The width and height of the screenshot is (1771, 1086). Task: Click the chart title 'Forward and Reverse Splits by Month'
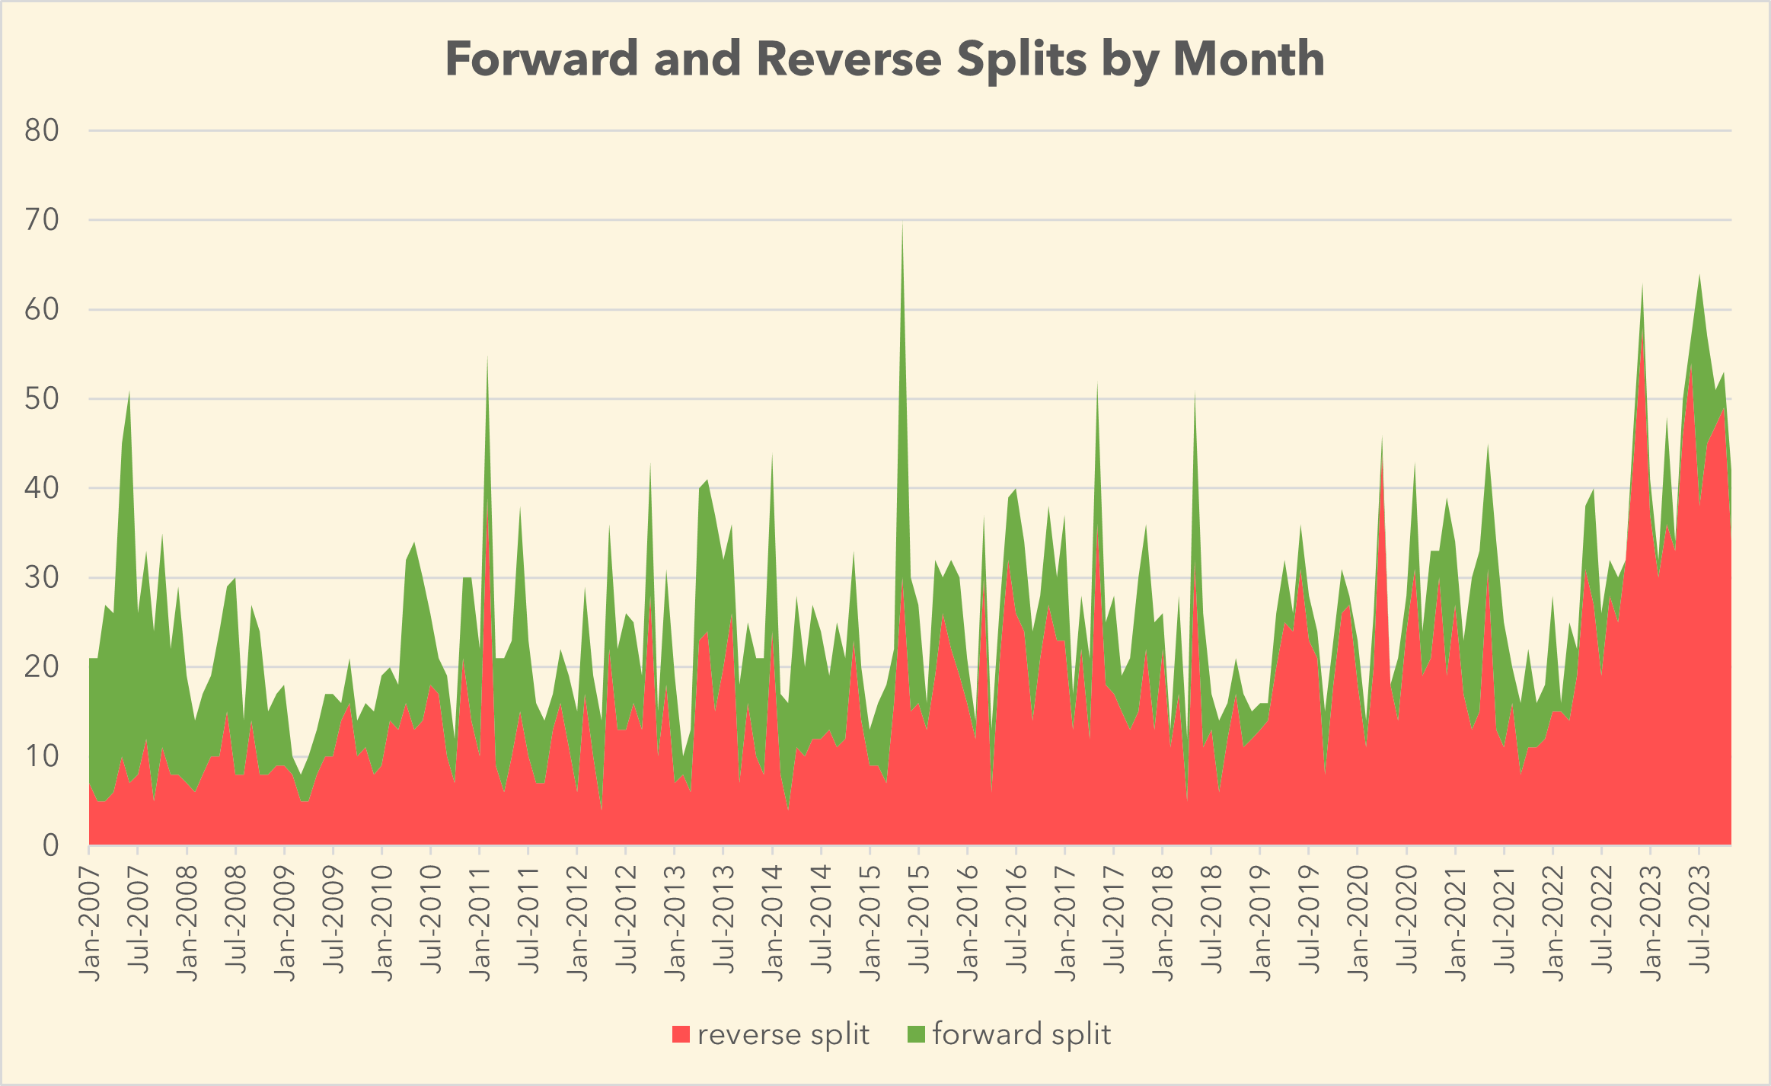(x=885, y=59)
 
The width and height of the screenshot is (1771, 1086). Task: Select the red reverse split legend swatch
(x=681, y=1034)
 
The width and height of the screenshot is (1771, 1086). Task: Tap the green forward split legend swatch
(x=916, y=1034)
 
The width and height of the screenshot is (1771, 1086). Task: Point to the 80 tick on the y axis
(x=42, y=131)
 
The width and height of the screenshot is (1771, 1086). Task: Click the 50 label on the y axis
(x=42, y=399)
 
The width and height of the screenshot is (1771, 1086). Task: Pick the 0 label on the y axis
(x=50, y=845)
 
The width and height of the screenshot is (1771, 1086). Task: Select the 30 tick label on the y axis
(x=42, y=578)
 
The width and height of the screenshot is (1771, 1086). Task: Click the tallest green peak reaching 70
(x=903, y=225)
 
